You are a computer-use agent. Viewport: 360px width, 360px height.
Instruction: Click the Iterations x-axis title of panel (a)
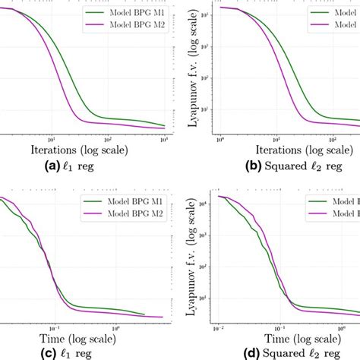[x=79, y=150]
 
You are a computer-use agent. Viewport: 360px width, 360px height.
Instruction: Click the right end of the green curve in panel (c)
[x=144, y=314]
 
